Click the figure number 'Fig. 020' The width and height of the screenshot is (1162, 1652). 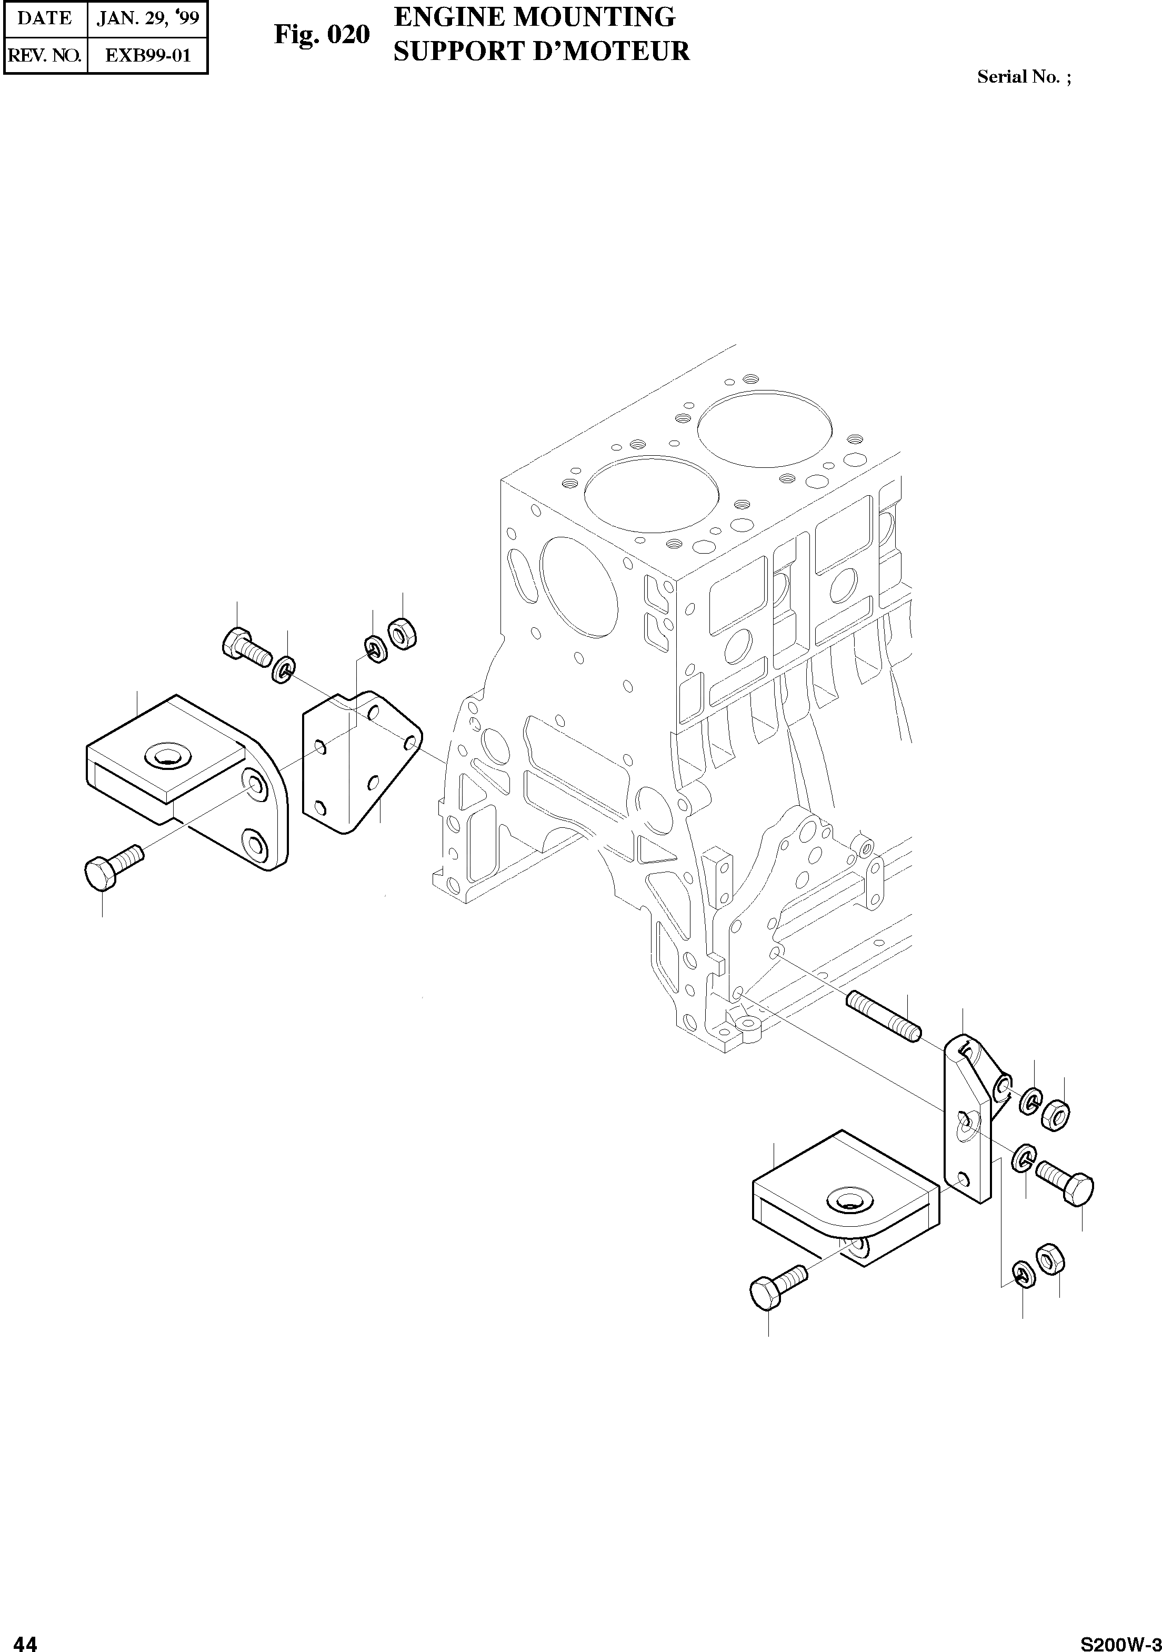point(322,35)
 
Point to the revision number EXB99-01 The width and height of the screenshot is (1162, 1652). point(148,55)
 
